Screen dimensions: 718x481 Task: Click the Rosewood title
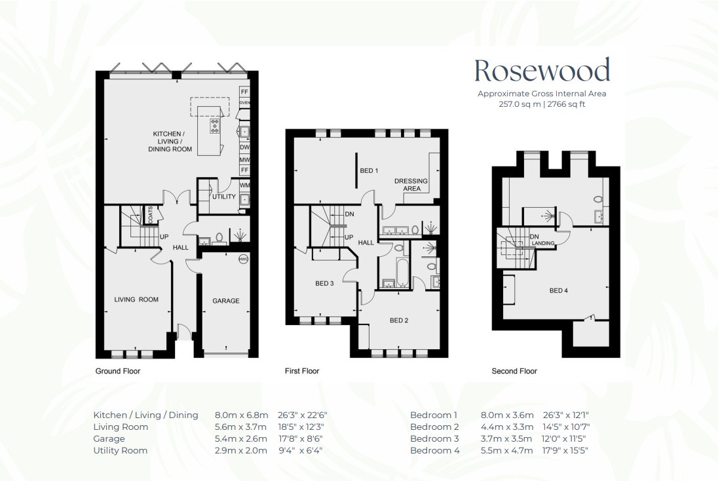(542, 71)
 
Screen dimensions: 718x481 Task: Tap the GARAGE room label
(226, 301)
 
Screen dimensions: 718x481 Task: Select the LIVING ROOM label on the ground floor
(136, 299)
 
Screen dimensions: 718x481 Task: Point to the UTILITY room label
(224, 197)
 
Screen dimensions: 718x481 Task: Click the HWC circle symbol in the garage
(243, 260)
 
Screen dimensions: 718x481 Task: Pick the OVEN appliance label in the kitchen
(244, 103)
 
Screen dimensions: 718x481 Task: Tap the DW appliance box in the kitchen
(244, 147)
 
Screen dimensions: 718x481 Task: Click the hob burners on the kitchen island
(214, 126)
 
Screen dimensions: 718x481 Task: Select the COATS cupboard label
(151, 215)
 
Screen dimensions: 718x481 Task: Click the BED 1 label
(369, 171)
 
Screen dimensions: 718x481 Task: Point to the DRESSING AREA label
(411, 185)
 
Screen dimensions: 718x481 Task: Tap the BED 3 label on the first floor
(325, 284)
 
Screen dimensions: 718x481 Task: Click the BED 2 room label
(400, 320)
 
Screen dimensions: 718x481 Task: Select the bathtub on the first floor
(402, 273)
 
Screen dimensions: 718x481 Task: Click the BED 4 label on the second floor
(559, 290)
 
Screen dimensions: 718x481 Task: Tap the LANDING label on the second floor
(543, 243)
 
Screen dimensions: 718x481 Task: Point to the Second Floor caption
(514, 371)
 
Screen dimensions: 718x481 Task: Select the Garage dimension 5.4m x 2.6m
(241, 439)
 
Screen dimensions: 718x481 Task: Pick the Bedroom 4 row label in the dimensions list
(435, 451)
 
